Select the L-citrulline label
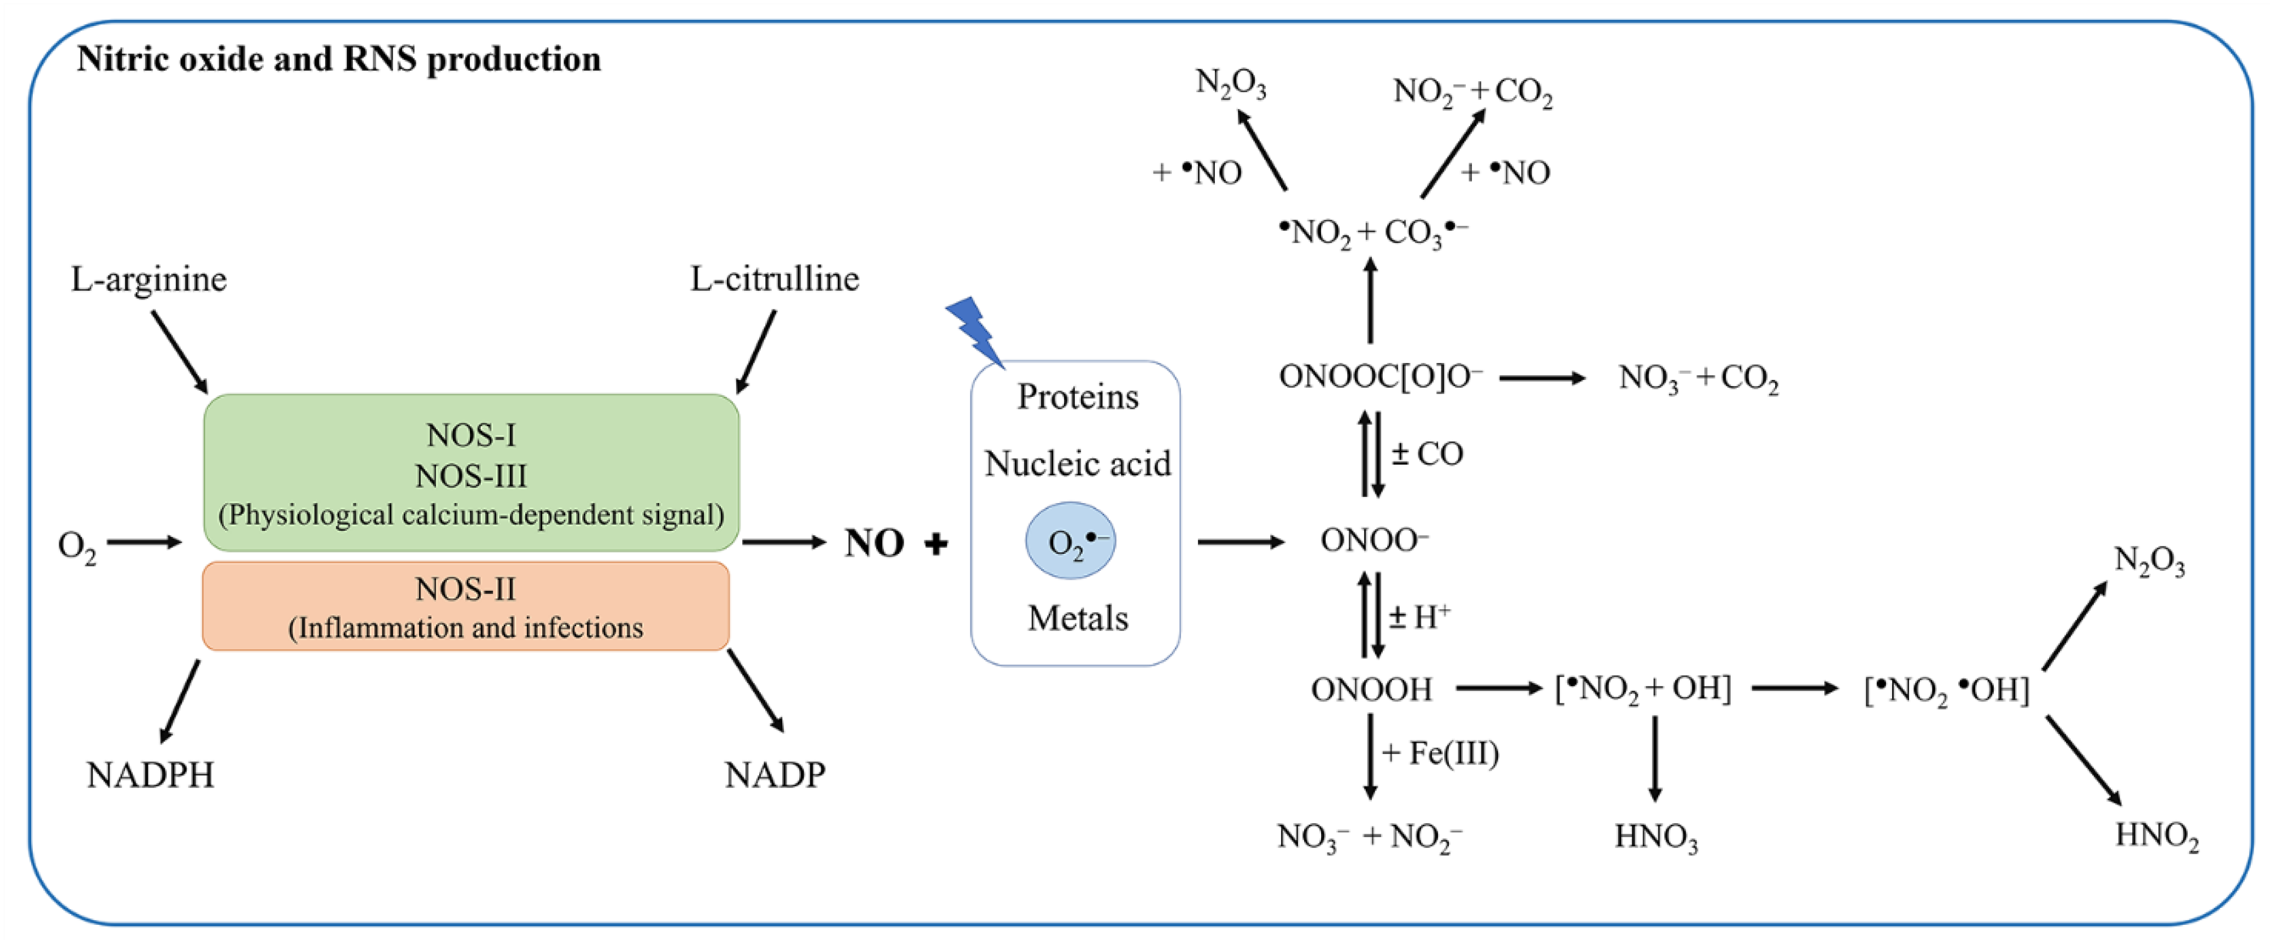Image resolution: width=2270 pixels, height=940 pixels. click(774, 279)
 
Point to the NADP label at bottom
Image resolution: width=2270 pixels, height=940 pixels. click(774, 775)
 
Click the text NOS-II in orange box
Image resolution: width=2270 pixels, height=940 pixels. click(465, 588)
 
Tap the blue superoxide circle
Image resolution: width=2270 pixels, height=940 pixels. click(1070, 541)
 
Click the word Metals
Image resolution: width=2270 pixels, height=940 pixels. click(1077, 618)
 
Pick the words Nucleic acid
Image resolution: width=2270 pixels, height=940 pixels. click(1077, 464)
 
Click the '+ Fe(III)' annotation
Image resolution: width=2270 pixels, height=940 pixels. click(1440, 753)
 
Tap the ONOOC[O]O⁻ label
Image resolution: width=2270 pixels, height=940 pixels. click(1380, 377)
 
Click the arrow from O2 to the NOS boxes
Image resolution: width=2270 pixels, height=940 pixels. click(143, 542)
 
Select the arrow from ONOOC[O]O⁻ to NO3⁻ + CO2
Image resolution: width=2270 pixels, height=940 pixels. click(1541, 378)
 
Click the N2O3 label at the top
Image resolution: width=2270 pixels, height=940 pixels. click(1230, 84)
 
